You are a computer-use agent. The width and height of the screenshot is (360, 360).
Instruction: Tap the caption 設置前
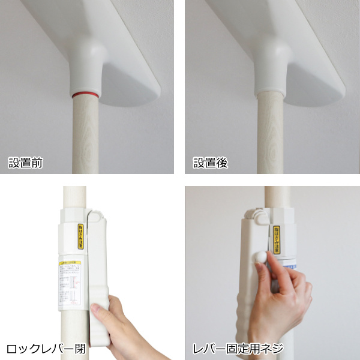pos(25,163)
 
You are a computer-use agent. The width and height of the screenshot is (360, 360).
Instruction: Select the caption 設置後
pos(211,163)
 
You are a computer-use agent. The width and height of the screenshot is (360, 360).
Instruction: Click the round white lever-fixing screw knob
pos(260,256)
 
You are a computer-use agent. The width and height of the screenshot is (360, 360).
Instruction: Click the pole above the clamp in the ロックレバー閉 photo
pos(74,198)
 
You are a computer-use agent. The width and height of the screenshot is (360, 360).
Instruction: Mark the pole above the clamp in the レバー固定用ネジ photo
pos(277,198)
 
